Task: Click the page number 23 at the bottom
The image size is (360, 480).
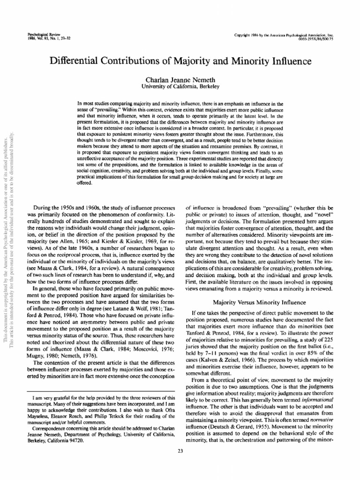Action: (180, 451)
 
